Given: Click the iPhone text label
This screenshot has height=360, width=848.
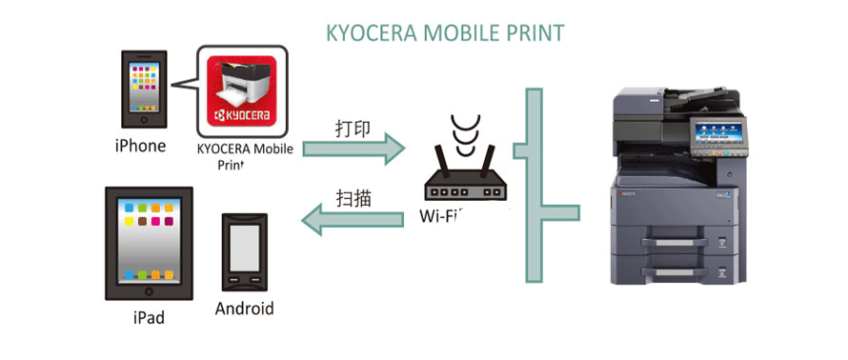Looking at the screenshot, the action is (140, 146).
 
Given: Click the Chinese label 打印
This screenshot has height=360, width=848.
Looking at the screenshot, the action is (353, 128).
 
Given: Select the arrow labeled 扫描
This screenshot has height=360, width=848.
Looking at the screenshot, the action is (353, 221).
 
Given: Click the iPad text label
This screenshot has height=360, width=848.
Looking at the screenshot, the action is (149, 317).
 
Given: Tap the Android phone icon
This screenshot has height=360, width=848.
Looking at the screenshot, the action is (244, 251).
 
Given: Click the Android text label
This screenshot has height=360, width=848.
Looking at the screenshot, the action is (244, 309).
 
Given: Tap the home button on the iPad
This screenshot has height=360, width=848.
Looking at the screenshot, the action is (149, 288).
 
